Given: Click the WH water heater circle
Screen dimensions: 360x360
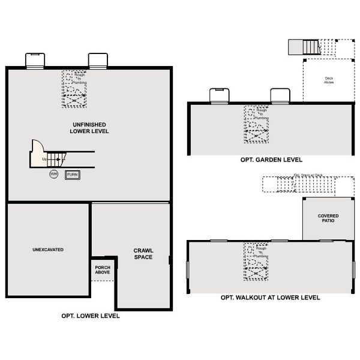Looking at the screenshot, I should (x=54, y=174).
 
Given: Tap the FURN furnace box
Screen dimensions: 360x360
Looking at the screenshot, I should (x=73, y=174).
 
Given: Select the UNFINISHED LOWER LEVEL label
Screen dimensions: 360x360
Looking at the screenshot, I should (x=89, y=127).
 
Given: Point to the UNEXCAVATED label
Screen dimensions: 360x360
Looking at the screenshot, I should (x=49, y=249).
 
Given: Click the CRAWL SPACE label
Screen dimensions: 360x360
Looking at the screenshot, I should (x=143, y=253).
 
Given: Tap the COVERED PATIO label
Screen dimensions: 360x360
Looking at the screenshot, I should (x=327, y=217).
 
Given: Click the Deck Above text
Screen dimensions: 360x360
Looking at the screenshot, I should (x=329, y=80).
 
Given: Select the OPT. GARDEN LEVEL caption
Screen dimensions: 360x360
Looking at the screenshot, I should (x=267, y=160).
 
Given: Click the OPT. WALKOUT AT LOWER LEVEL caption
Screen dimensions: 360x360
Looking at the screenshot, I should (x=270, y=297).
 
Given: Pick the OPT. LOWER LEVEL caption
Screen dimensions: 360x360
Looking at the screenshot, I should (x=90, y=316).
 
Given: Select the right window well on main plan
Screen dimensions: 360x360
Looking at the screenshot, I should (x=97, y=60).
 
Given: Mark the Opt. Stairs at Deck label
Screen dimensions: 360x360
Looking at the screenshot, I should (x=308, y=176).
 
